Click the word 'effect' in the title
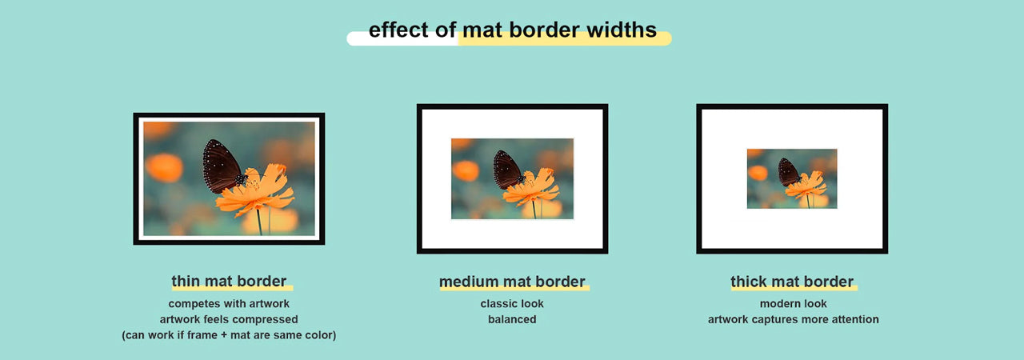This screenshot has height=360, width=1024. [x=399, y=30]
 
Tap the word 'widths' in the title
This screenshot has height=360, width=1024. [x=621, y=30]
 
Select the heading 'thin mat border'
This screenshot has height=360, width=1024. [x=229, y=282]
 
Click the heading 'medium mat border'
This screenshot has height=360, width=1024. [x=512, y=282]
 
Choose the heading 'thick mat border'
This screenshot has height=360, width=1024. [x=792, y=282]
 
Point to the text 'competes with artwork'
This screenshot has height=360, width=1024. [x=229, y=304]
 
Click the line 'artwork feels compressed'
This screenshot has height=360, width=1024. [x=229, y=319]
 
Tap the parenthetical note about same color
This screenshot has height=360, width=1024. [x=229, y=335]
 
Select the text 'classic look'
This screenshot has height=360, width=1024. [x=512, y=304]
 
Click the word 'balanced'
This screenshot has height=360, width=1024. [x=512, y=319]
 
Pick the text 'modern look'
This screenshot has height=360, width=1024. [x=793, y=304]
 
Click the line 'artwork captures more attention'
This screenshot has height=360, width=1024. [x=793, y=319]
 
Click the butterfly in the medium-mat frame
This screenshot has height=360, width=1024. [x=506, y=170]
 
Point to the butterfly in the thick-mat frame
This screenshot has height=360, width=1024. [x=788, y=172]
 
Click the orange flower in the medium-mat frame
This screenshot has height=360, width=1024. [x=532, y=189]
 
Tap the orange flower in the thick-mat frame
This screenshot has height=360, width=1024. [x=807, y=186]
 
